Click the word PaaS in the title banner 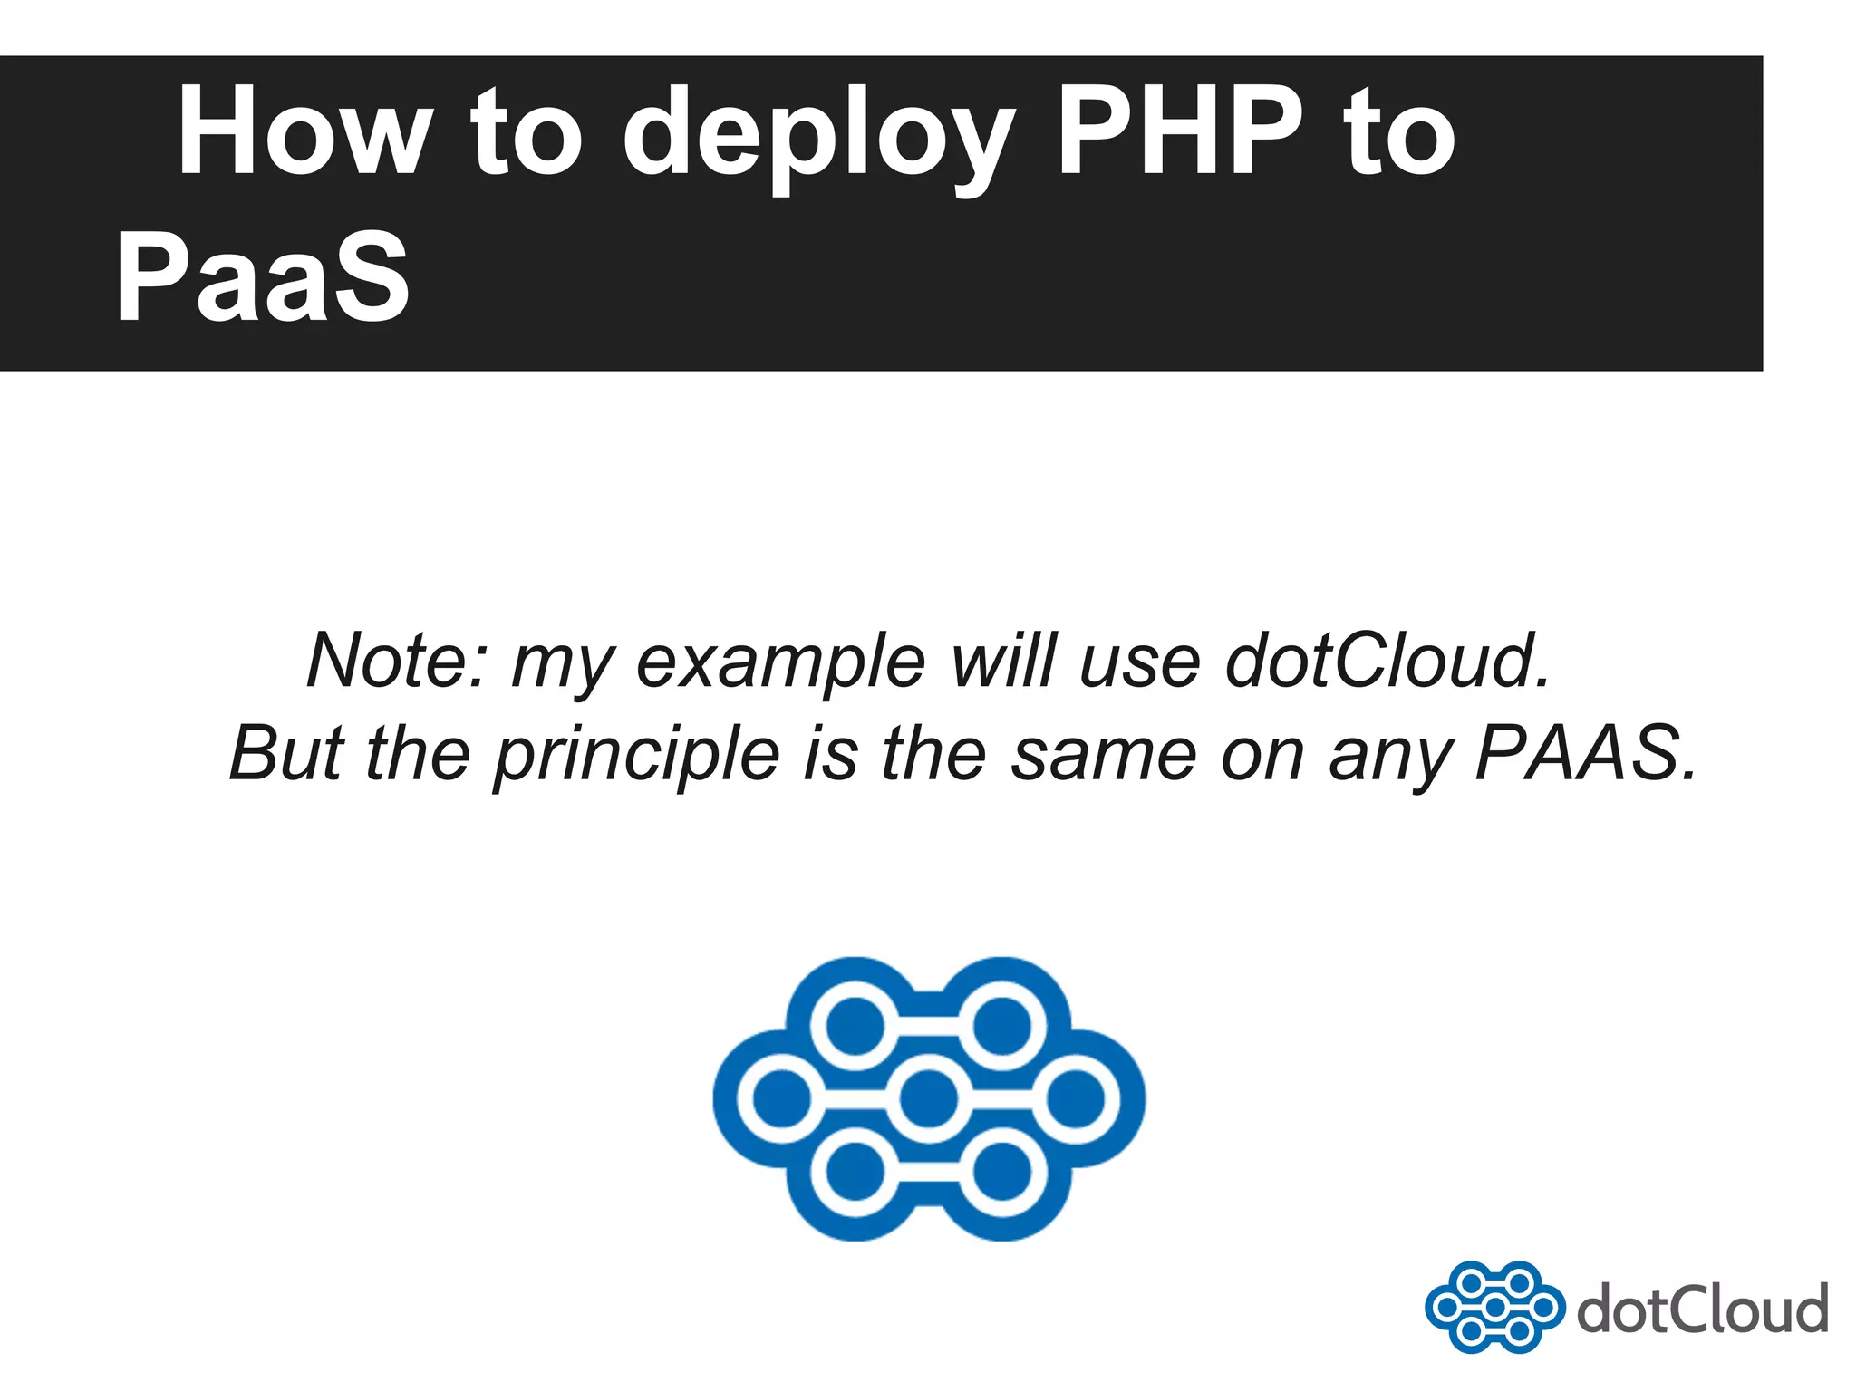(263, 275)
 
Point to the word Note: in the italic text (398, 660)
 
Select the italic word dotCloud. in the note (1387, 660)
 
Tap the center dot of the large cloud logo (929, 1099)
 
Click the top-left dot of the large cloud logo (855, 1026)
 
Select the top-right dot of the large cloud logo (1002, 1026)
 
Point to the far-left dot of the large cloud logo (782, 1099)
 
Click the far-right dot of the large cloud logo (1076, 1099)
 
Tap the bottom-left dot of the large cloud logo (855, 1172)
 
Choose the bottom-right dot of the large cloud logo (1002, 1172)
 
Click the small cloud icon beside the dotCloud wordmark (1494, 1307)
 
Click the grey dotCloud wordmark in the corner (1702, 1309)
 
